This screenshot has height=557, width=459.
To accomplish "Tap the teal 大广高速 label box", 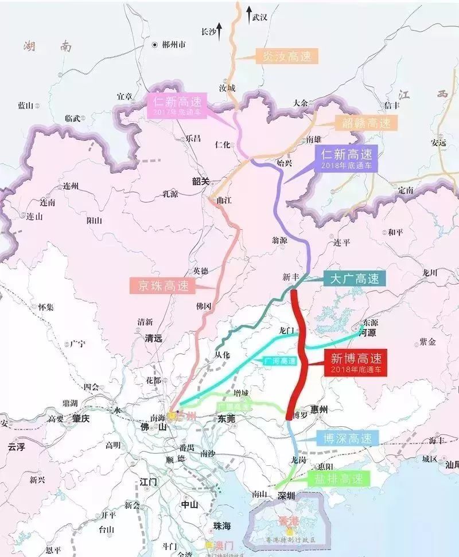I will coord(355,279).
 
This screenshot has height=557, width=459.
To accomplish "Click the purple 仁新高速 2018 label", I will coord(347,158).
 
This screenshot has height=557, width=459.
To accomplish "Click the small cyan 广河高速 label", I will coord(281,361).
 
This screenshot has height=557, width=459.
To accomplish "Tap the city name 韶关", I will coord(201,181).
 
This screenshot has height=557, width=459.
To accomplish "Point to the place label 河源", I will coord(367,332).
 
